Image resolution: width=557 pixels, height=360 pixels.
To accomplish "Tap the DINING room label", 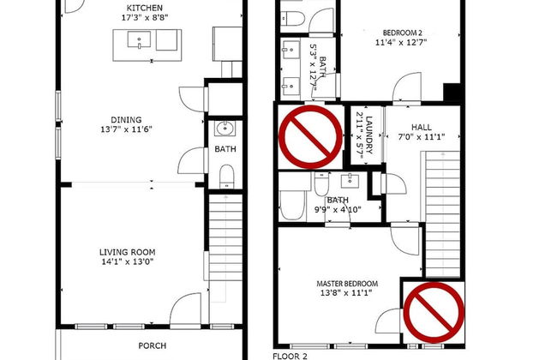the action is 126,120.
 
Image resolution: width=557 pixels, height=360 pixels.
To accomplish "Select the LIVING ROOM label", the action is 127,252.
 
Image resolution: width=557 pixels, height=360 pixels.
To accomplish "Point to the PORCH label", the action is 152,345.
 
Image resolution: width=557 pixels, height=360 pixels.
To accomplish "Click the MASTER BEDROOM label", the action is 347,284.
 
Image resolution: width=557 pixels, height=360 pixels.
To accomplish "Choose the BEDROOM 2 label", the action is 402,33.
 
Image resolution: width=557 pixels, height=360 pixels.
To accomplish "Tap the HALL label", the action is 422,127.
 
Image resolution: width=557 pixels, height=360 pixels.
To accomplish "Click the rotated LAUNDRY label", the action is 369,135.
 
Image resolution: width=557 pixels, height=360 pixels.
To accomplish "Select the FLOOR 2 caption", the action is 290,356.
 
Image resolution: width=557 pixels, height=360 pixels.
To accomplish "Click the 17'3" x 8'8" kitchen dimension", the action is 145,18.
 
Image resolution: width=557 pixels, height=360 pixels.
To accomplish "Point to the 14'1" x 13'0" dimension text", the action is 127,262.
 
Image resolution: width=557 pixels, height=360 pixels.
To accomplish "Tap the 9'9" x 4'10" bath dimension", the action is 338,210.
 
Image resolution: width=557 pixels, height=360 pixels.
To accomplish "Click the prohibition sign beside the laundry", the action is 310,137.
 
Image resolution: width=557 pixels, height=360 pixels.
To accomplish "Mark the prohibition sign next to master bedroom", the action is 434,313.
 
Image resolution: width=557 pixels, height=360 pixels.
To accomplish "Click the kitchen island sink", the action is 139,39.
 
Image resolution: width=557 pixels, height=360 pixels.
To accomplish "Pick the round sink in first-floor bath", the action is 225,128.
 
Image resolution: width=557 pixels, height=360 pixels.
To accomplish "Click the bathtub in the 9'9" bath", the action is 292,206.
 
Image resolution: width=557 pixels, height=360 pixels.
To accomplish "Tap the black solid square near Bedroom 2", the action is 452,92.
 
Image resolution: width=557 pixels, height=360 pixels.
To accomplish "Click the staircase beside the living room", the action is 225,237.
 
